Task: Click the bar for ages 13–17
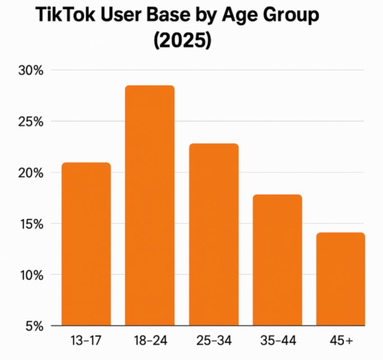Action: [x=86, y=244]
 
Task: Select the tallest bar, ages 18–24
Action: [x=150, y=206]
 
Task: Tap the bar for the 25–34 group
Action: [x=213, y=235]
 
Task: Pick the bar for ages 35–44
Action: [x=277, y=260]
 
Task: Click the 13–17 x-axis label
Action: [x=86, y=340]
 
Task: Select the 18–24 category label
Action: [x=150, y=340]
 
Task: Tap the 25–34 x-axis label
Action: [x=213, y=340]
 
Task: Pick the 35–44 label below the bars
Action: [x=277, y=340]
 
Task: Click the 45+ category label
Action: [x=340, y=340]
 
